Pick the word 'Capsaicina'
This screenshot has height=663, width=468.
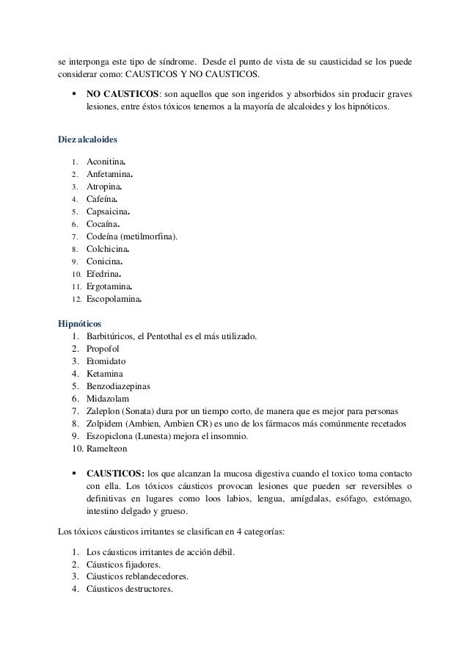107,211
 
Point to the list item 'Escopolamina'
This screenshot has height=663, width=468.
114,300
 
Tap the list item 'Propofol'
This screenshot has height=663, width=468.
103,349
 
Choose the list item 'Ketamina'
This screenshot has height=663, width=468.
103,374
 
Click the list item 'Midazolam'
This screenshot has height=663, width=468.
106,399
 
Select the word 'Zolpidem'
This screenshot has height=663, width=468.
104,425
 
